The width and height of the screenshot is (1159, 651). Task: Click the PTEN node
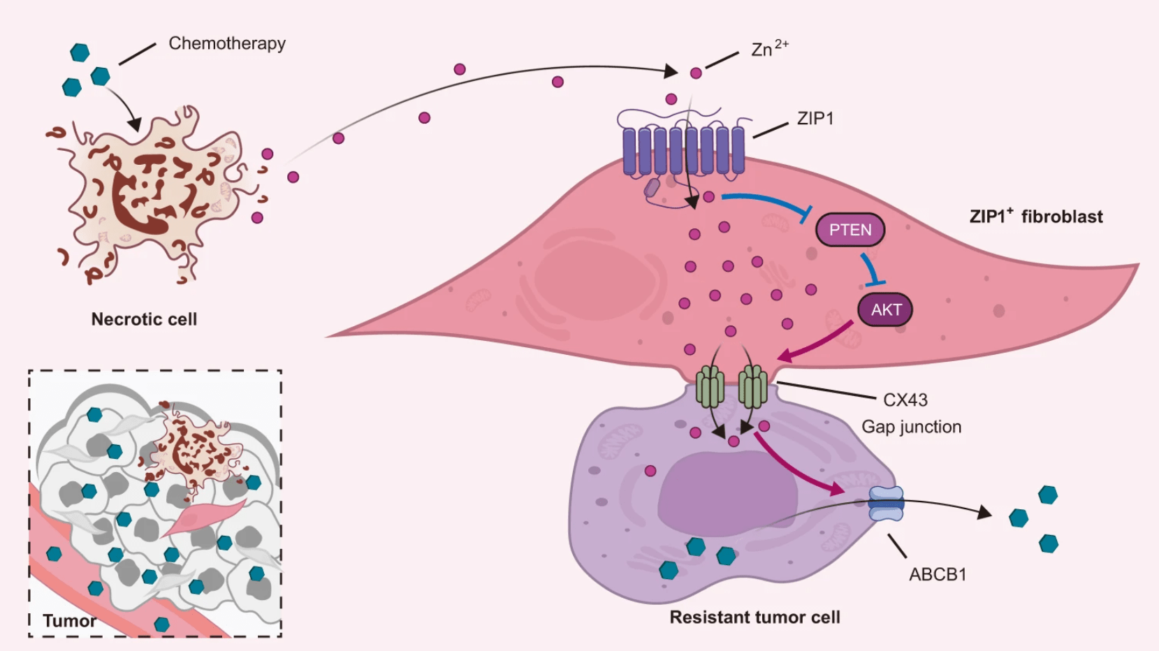(850, 230)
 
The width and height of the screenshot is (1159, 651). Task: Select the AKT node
(885, 310)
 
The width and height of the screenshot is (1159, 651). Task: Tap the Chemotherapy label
(227, 43)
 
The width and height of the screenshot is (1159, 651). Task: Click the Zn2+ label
(768, 49)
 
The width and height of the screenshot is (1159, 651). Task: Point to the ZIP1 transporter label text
(815, 119)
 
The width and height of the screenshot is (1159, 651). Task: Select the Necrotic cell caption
(144, 319)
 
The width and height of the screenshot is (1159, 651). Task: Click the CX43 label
(905, 400)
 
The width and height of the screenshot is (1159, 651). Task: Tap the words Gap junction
(911, 427)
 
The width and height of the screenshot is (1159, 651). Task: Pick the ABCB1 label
(938, 575)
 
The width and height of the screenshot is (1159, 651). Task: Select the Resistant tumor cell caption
(755, 617)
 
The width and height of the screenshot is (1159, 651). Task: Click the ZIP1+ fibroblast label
(1035, 217)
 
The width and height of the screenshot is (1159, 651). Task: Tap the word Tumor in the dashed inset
(69, 621)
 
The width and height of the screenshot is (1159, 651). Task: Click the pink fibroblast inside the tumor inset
(203, 517)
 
